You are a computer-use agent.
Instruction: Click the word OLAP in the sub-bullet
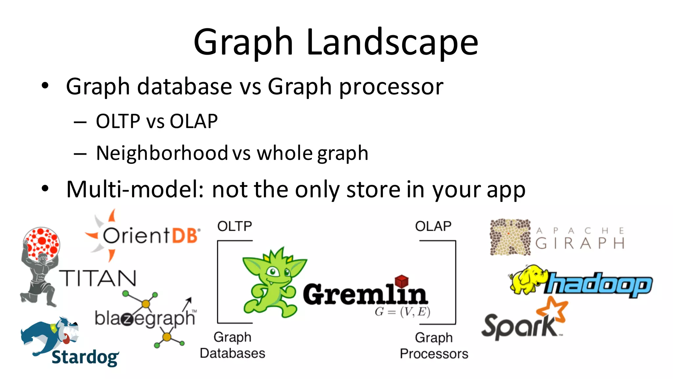(x=193, y=121)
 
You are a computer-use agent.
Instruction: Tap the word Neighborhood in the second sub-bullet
(x=162, y=153)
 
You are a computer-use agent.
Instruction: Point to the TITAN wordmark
(x=98, y=278)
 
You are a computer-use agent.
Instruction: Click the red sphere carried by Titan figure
(x=42, y=242)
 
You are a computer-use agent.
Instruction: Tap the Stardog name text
(x=85, y=358)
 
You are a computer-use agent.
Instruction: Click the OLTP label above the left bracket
(x=235, y=226)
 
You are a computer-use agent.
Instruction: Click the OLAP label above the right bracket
(x=433, y=226)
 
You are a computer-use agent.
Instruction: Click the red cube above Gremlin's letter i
(x=401, y=281)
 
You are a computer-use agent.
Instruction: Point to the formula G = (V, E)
(x=402, y=312)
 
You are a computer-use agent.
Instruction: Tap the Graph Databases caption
(x=232, y=345)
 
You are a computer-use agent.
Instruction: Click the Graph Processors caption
(x=434, y=346)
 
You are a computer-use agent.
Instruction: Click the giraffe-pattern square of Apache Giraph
(x=510, y=237)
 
